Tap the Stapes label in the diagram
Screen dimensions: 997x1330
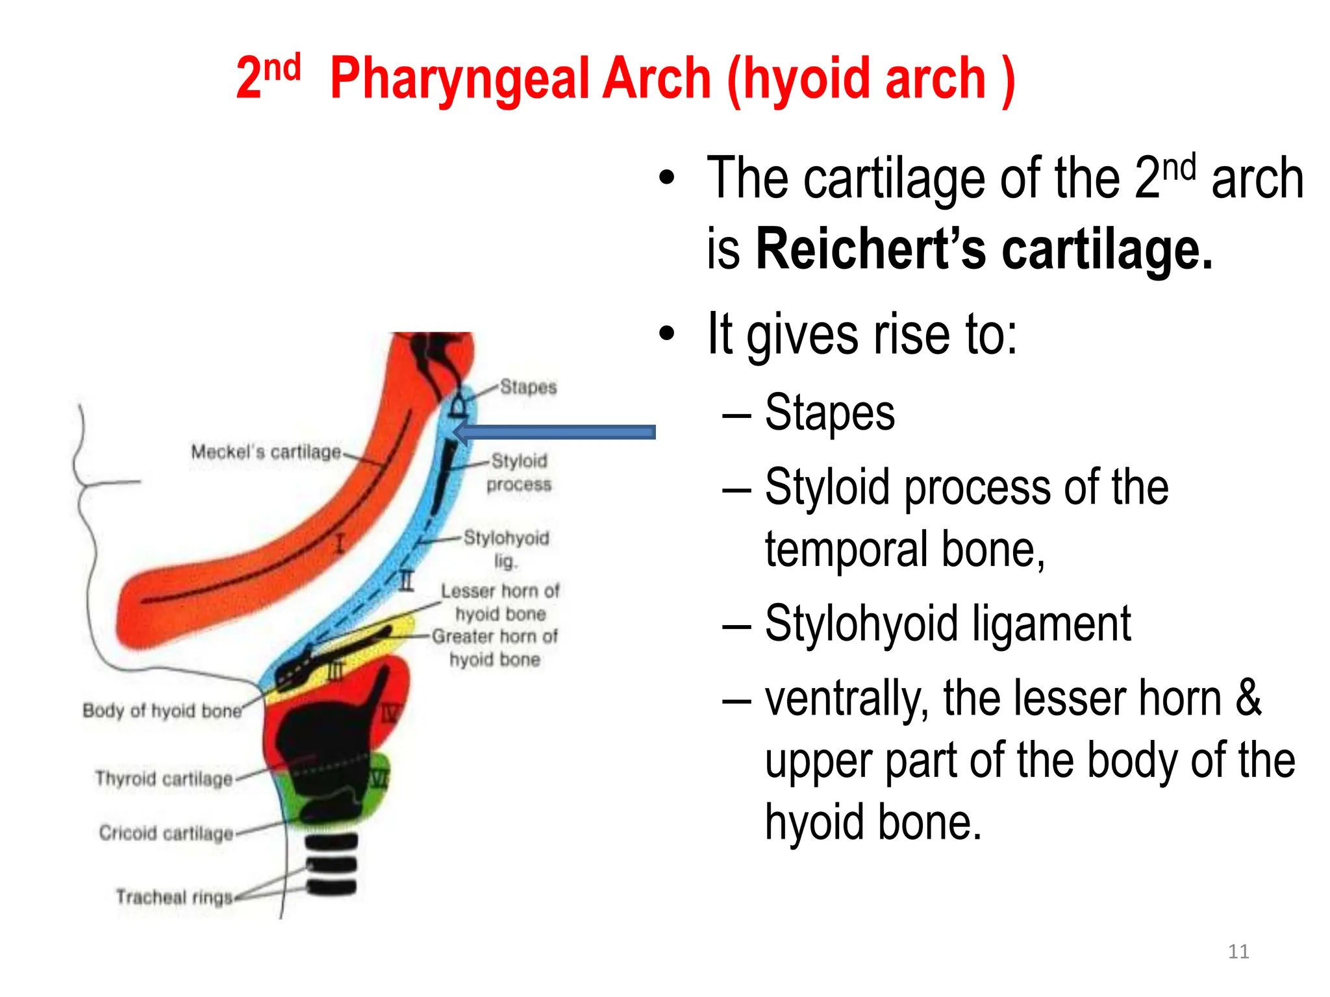(528, 387)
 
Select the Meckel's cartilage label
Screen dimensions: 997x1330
(266, 452)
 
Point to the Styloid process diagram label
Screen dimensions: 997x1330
(519, 473)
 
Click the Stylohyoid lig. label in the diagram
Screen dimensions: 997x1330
(506, 548)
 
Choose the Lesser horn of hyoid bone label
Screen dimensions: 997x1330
(500, 602)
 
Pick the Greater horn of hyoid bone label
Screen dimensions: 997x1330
(495, 647)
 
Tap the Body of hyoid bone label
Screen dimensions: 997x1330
(162, 711)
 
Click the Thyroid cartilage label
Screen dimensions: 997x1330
(164, 778)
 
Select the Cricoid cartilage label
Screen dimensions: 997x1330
(166, 833)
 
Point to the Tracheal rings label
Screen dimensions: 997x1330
(174, 897)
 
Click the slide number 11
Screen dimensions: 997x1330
(1238, 952)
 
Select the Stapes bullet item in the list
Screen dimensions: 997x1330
(829, 413)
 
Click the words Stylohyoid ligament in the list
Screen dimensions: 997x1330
(947, 624)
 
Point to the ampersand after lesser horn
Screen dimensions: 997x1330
(1248, 698)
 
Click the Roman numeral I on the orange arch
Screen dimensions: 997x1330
(339, 543)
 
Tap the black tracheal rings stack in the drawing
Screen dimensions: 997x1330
(331, 865)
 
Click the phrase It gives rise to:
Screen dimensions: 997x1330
(862, 334)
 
